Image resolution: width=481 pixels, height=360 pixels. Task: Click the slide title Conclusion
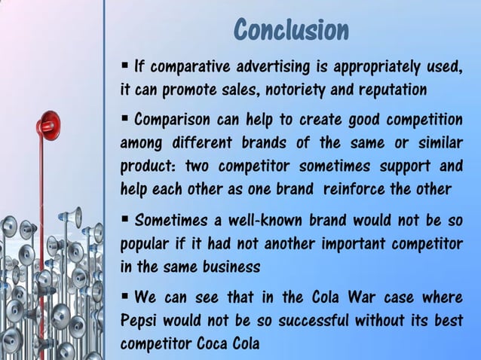coord(291,30)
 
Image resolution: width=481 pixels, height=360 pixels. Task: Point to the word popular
coord(145,244)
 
